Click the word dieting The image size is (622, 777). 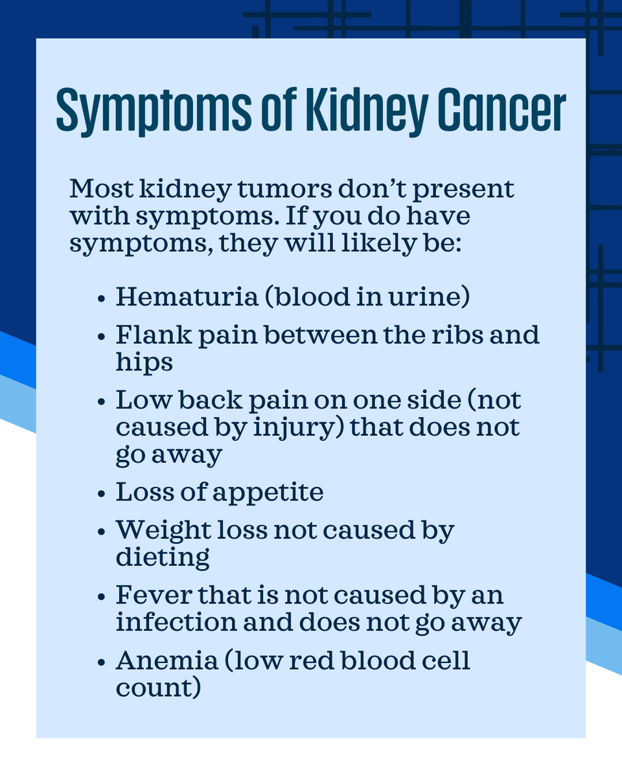pos(163,557)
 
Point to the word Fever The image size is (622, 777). pos(143,594)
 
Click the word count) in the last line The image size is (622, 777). pos(158,688)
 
